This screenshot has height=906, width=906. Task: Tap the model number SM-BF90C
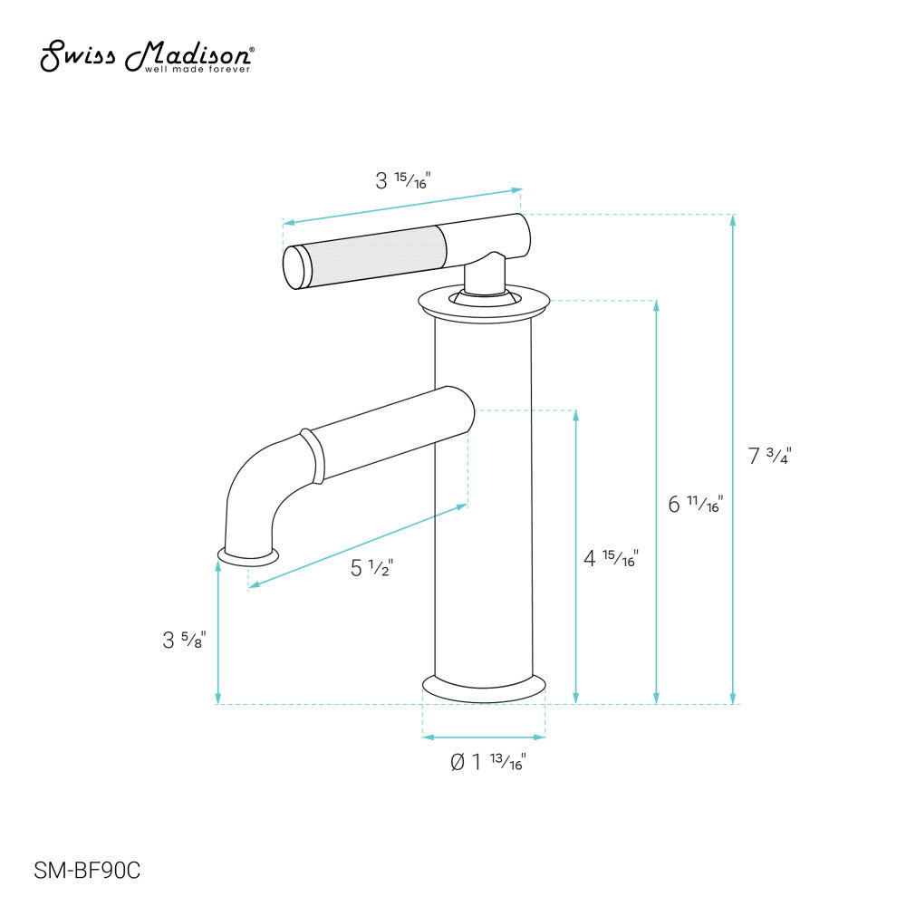[x=87, y=871]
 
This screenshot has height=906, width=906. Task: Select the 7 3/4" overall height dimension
[x=770, y=457]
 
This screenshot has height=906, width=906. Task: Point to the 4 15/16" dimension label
[x=611, y=559]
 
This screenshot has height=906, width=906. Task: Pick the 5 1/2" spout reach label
[x=371, y=568]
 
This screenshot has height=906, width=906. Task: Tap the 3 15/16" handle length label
[x=402, y=180]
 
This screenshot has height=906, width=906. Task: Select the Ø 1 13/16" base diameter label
[x=488, y=762]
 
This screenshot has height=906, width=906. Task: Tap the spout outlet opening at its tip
[x=246, y=554]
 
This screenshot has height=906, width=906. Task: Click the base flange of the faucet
[x=484, y=688]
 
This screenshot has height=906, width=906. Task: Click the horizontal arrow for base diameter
[x=484, y=737]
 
